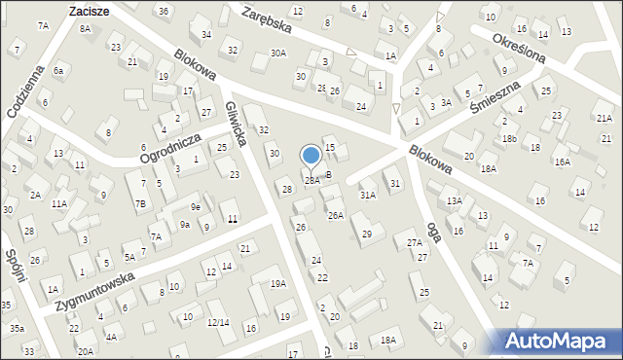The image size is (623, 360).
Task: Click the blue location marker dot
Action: coord(311,155)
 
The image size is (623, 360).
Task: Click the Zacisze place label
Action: coord(88,11)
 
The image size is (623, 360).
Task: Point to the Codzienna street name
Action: coord(25,91)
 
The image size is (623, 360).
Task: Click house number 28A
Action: coord(311,180)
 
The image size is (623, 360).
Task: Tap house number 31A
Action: coord(367,195)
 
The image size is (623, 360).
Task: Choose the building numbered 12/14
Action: coord(218,322)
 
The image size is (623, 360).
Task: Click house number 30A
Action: coord(279,54)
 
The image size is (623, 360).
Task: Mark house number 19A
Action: coord(278,283)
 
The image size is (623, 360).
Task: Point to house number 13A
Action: coord(454,200)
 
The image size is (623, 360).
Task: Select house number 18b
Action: coord(510,138)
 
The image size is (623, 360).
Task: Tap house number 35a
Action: coord(18,329)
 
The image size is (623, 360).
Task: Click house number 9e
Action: coord(196,206)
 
